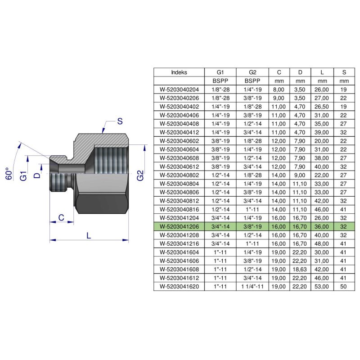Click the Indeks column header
(179, 72)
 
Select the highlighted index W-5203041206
(179, 227)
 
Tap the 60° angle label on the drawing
(9, 174)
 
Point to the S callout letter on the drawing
(120, 121)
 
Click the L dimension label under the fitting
(89, 235)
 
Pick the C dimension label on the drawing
(61, 217)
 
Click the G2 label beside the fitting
(140, 175)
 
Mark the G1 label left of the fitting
(23, 176)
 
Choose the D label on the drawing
(37, 175)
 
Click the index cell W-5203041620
(179, 287)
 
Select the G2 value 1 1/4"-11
(252, 287)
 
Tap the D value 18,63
(300, 269)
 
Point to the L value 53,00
(322, 287)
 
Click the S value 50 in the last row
(343, 287)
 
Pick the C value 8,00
(279, 90)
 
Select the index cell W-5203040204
(179, 90)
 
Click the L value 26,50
(322, 107)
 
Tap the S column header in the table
(344, 72)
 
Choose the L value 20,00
(322, 141)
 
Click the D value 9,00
(300, 175)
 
